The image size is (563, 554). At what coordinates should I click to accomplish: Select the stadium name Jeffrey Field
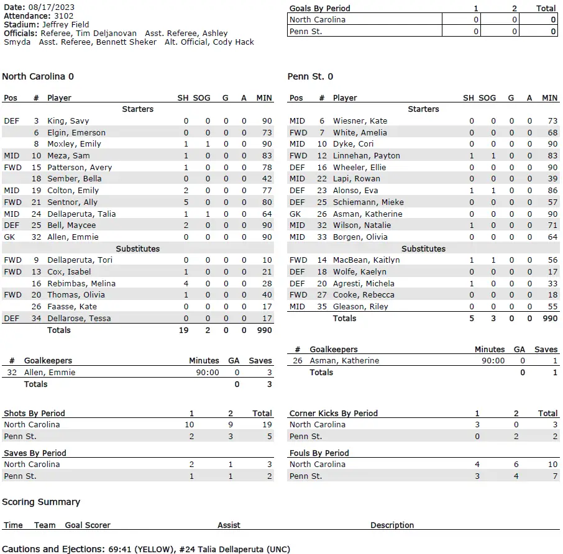click(x=66, y=25)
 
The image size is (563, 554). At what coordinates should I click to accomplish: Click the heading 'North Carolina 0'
click(x=38, y=76)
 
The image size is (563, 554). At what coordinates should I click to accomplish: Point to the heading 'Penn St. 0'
click(x=310, y=76)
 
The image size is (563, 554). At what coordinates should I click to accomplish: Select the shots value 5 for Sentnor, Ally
click(x=186, y=202)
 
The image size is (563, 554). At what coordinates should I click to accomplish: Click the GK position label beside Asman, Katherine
click(x=295, y=214)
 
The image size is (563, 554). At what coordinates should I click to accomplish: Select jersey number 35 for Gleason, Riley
click(x=322, y=306)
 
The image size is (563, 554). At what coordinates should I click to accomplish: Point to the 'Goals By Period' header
click(x=319, y=9)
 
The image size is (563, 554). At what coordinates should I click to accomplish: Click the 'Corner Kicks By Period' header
click(x=333, y=413)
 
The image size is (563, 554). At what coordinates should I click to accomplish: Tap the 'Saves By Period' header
click(x=35, y=453)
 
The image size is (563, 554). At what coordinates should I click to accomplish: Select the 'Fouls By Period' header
click(x=319, y=453)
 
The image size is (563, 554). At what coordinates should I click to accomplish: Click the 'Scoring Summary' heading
click(x=41, y=502)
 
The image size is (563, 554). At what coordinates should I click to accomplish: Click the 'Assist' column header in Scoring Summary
click(x=229, y=525)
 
